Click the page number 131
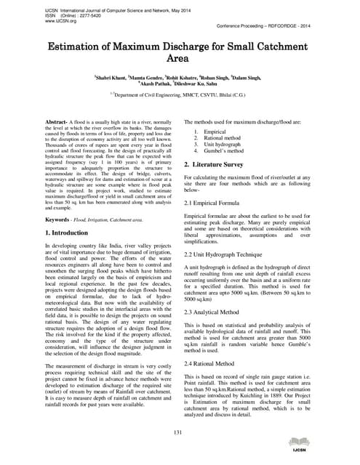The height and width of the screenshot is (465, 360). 179,433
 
